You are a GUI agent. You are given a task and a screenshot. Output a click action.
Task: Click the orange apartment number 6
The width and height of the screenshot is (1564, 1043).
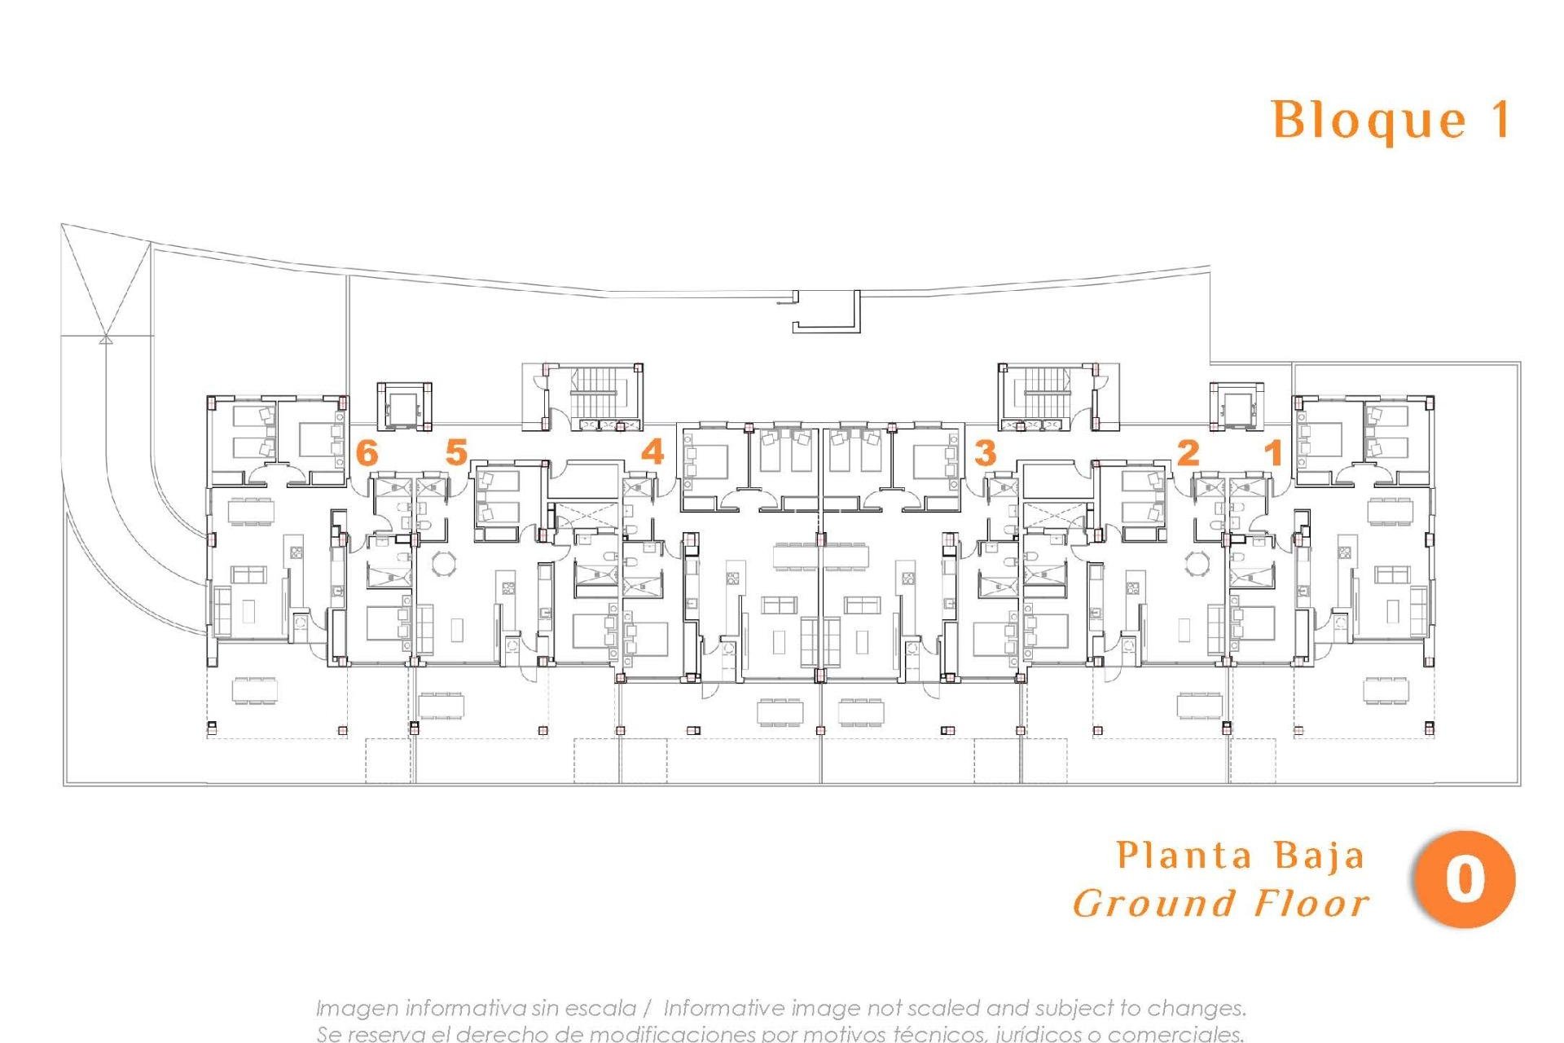(x=367, y=452)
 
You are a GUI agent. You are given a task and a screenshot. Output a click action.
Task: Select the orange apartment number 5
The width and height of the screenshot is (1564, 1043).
(x=456, y=452)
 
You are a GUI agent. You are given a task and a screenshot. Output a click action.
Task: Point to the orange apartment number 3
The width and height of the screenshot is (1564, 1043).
(x=985, y=452)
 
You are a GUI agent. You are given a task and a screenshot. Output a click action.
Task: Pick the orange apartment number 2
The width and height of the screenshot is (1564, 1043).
(x=1188, y=452)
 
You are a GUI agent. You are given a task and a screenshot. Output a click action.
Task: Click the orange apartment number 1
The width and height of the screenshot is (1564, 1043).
(x=1273, y=452)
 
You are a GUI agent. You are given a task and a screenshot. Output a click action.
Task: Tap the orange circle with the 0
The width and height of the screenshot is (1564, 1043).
(x=1464, y=880)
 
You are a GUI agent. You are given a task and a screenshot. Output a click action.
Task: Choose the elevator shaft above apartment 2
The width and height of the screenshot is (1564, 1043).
(x=1237, y=405)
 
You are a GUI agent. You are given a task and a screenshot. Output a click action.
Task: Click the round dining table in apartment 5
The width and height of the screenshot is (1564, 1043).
(x=445, y=563)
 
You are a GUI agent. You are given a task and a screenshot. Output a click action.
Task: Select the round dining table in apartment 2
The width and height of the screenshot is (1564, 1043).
(x=1197, y=563)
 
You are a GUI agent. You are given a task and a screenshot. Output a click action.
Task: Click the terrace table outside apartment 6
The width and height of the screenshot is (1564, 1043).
(x=254, y=690)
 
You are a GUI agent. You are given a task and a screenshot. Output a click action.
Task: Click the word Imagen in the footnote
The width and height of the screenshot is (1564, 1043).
(x=356, y=1009)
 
